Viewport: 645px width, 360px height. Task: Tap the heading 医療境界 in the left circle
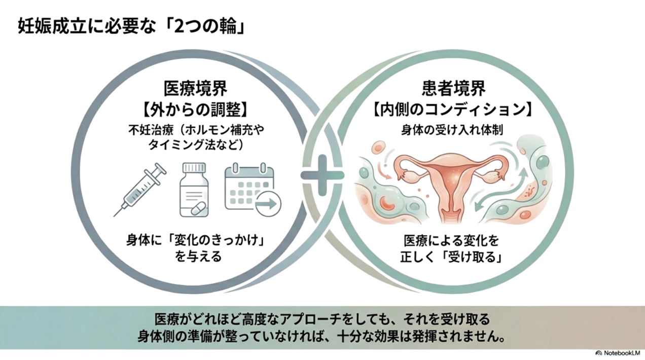coord(195,88)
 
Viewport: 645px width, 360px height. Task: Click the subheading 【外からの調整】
coord(195,108)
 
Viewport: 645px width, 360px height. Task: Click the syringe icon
coord(140,189)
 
